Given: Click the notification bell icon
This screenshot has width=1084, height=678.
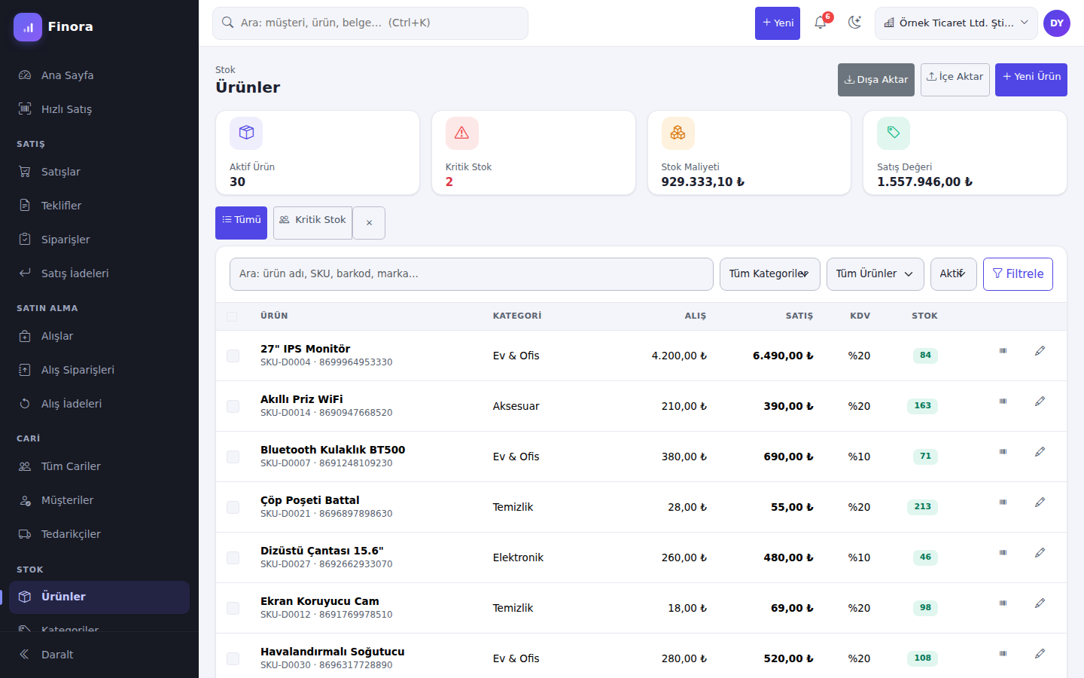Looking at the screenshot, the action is click(821, 23).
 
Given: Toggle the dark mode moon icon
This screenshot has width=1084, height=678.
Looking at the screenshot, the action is click(854, 23).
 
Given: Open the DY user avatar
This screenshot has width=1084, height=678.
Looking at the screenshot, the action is click(1056, 23).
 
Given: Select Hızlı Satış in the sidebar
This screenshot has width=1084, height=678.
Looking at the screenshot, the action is click(66, 109).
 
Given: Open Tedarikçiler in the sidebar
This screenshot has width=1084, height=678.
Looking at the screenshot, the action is click(71, 533).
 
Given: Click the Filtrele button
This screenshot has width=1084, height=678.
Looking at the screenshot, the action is click(1018, 274).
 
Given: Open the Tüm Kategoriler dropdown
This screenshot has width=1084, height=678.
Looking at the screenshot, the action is click(769, 274).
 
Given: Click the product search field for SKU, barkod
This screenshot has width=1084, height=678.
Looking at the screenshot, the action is click(471, 274).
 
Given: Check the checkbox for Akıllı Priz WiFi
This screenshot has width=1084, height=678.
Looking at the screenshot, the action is click(233, 406).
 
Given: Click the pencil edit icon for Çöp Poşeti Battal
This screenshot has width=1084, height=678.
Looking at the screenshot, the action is click(1040, 502).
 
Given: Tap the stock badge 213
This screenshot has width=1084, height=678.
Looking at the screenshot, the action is click(922, 506).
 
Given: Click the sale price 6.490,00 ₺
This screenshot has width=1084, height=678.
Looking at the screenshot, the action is click(783, 356).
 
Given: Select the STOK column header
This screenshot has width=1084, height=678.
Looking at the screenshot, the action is click(924, 316).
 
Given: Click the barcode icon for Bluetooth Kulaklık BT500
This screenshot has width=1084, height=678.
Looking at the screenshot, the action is click(1003, 452).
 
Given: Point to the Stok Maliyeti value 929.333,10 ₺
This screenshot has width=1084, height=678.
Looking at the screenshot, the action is click(702, 182).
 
